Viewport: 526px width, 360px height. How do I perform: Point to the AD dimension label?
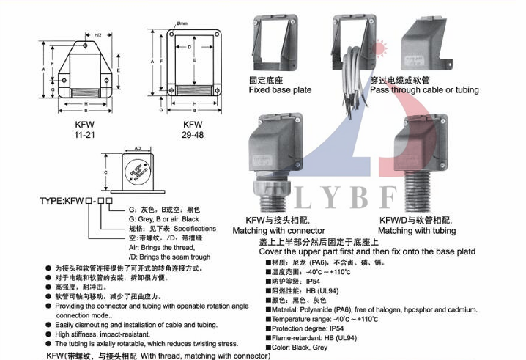[137, 147]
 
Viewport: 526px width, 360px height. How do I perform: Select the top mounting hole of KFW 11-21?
[86, 45]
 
